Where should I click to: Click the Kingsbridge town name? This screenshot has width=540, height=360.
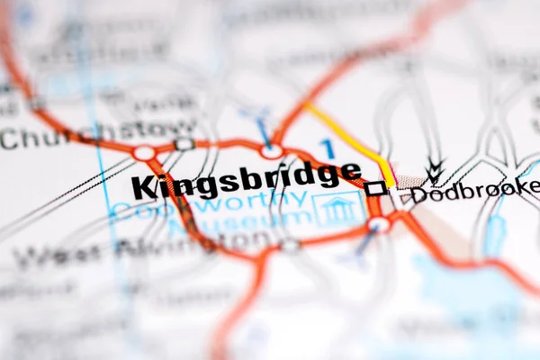(246, 180)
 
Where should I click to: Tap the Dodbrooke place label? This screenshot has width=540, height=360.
(475, 190)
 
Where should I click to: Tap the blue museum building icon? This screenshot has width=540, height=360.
(338, 210)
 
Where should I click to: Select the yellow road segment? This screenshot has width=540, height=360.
(353, 140)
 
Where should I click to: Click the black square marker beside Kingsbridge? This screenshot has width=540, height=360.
(375, 188)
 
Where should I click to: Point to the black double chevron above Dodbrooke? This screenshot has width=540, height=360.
(436, 168)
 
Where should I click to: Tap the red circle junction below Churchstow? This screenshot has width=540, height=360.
(144, 153)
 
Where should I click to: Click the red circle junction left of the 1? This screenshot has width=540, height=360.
(271, 151)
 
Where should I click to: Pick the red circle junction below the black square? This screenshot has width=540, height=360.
(379, 223)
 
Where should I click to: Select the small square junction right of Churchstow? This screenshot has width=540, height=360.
(184, 144)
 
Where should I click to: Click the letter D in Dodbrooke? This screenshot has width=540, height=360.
(418, 193)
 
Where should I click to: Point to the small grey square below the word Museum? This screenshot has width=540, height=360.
(289, 244)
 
